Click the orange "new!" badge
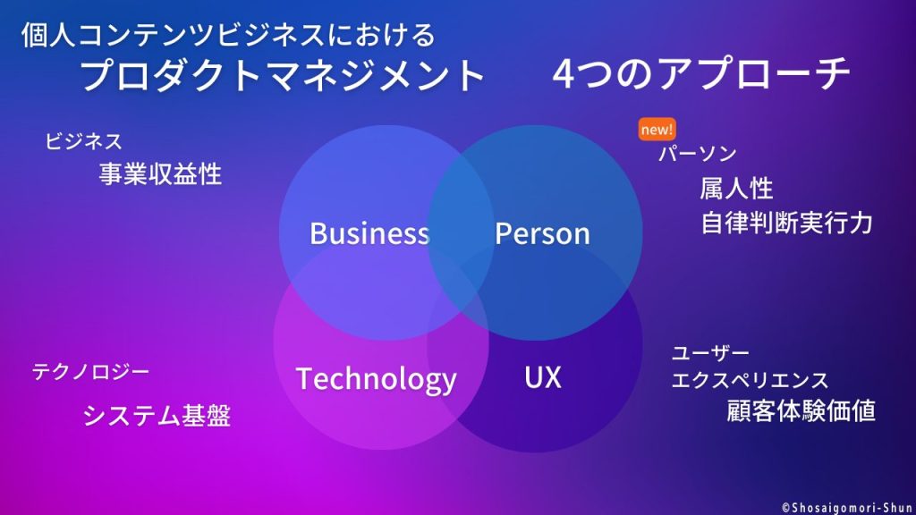tap(657, 129)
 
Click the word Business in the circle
tap(369, 233)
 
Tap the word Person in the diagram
tap(542, 233)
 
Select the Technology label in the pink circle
tap(377, 379)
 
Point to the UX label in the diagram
tap(543, 377)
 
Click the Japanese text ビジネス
tap(84, 141)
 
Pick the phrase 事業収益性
tap(161, 174)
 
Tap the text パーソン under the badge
tap(698, 154)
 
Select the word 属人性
tap(737, 189)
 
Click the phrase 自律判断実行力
tap(787, 223)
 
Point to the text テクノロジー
tap(90, 371)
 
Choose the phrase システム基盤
tap(157, 416)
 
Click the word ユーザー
tap(710, 352)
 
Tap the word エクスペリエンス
tap(751, 380)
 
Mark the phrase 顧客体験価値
tap(801, 411)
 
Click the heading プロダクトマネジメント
tap(283, 75)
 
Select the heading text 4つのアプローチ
tap(700, 74)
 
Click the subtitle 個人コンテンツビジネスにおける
tap(228, 35)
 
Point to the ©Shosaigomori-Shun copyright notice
tap(847, 508)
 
